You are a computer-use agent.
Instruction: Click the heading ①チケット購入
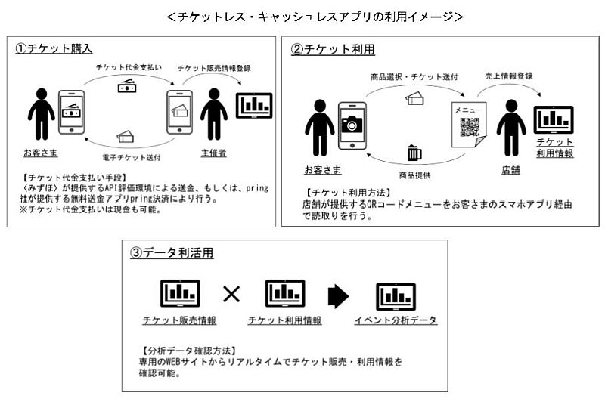pyautogui.click(x=54, y=48)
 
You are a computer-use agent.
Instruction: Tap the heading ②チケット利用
pyautogui.click(x=333, y=49)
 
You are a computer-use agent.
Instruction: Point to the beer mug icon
pyautogui.click(x=414, y=153)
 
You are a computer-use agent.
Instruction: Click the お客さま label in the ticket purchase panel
pyautogui.click(x=41, y=153)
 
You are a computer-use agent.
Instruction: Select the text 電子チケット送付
pyautogui.click(x=127, y=156)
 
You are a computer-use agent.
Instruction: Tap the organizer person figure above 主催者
pyautogui.click(x=214, y=114)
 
